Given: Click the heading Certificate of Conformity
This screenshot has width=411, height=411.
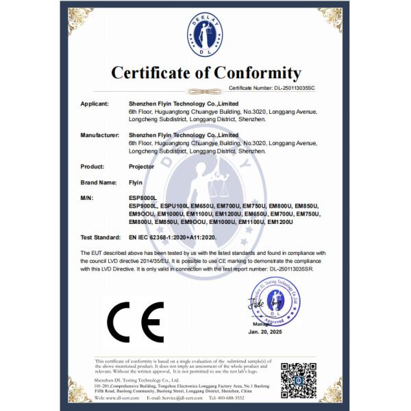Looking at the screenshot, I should [206, 73].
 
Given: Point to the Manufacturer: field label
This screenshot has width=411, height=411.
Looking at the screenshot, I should [101, 136].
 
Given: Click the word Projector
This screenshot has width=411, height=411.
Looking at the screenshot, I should [142, 166].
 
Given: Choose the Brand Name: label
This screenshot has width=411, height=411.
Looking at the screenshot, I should [99, 183].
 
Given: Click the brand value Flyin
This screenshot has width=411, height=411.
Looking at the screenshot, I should [135, 183].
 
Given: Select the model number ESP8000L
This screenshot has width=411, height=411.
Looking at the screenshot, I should [143, 198].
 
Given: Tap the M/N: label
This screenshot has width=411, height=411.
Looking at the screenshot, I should [88, 198].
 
